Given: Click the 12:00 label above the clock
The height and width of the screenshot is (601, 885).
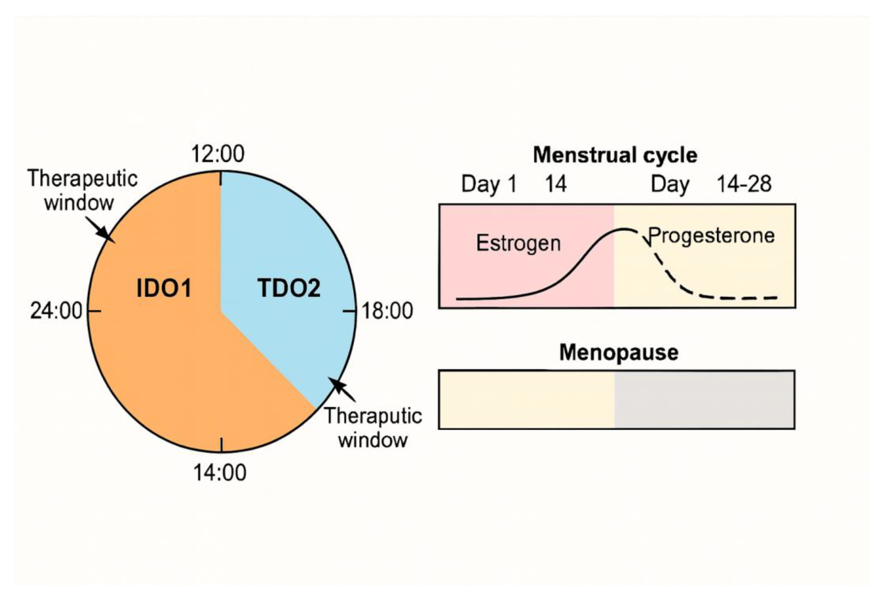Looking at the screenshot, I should click(x=217, y=154).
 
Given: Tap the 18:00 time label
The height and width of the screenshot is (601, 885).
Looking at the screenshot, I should click(x=387, y=311).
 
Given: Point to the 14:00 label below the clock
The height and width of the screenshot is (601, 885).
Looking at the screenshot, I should click(x=220, y=473).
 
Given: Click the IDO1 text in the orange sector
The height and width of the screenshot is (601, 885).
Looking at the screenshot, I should click(x=164, y=288).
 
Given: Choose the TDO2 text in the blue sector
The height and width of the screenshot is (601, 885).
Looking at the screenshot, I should click(x=289, y=288).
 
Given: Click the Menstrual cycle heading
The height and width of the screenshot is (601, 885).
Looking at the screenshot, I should click(x=615, y=155).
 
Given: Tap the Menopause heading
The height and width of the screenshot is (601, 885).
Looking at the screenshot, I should click(x=619, y=352).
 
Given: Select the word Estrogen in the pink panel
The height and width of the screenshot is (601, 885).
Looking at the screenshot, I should click(x=518, y=243).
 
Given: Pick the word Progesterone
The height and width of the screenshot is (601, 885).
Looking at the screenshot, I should click(x=711, y=235).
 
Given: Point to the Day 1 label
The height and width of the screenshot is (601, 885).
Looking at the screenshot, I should click(x=489, y=184).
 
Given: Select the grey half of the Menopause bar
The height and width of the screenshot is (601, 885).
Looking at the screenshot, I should click(x=705, y=400).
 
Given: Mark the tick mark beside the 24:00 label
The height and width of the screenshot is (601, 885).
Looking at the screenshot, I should click(x=94, y=311).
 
